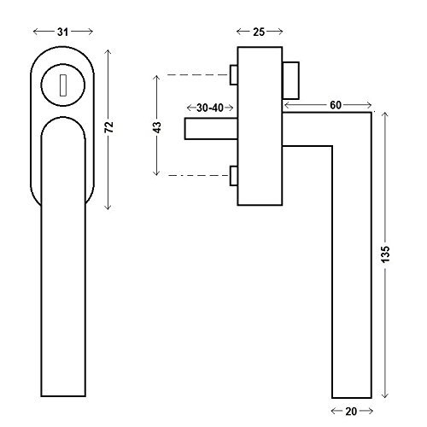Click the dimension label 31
(x=63, y=32)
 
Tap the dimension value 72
(x=108, y=127)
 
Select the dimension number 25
(x=259, y=32)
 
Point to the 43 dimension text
(x=157, y=127)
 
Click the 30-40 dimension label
(x=210, y=108)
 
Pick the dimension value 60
(x=336, y=105)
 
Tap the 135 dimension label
(x=385, y=254)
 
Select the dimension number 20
(x=351, y=411)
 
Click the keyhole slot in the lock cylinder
(x=63, y=85)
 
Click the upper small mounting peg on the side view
(x=234, y=75)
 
